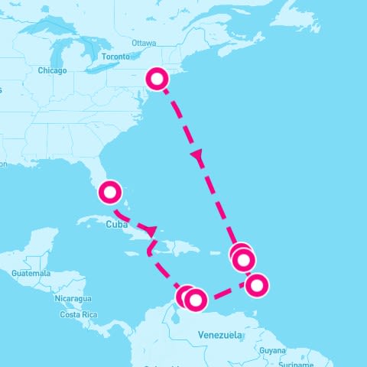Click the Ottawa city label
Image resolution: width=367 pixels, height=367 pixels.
click(x=144, y=43)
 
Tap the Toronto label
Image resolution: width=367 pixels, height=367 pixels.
click(x=115, y=57)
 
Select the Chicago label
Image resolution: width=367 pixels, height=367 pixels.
click(x=52, y=70)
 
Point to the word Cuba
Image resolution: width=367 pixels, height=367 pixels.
click(x=116, y=225)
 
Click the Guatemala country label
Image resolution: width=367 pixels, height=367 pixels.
click(x=31, y=274)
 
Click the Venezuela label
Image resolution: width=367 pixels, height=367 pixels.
click(x=220, y=336)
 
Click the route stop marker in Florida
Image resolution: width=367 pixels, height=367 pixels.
click(x=111, y=192)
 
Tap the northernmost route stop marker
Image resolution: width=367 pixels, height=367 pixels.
click(x=157, y=78)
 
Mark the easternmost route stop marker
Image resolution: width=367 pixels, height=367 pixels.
click(x=258, y=285)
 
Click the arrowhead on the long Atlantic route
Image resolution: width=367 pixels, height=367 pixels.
click(x=198, y=156)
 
